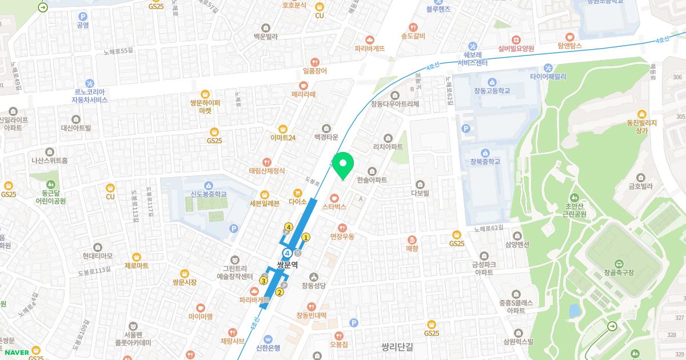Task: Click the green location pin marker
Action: click(343, 165)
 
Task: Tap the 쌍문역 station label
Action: click(288, 265)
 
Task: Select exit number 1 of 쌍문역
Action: click(306, 237)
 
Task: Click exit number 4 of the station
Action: click(289, 227)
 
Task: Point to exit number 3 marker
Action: click(264, 281)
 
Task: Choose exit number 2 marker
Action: click(280, 293)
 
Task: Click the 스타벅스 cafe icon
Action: click(334, 198)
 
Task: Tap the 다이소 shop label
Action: click(298, 202)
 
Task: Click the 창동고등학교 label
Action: click(491, 91)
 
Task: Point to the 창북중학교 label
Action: click(484, 162)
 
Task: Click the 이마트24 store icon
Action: click(282, 129)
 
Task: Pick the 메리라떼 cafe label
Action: click(303, 94)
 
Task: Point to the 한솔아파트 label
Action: click(372, 180)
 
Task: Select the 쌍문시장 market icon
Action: click(184, 273)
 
